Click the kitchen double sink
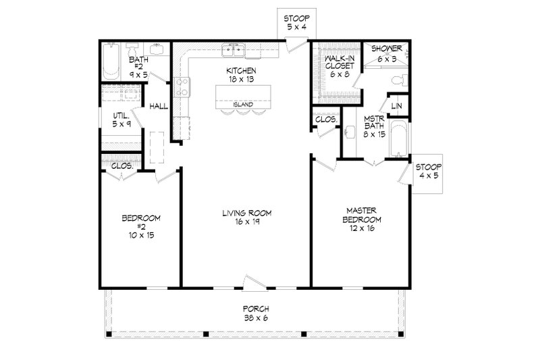(236, 49)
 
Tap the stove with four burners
(182, 86)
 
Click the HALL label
(159, 106)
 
